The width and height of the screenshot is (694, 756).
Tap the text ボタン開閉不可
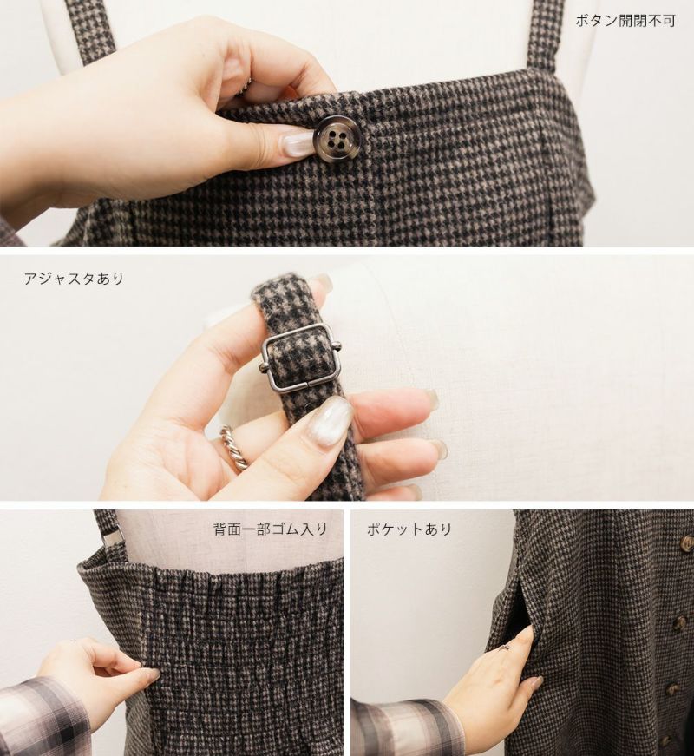pyautogui.click(x=625, y=21)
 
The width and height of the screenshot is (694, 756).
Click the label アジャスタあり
pyautogui.click(x=75, y=279)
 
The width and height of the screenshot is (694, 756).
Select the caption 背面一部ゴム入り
pyautogui.click(x=271, y=529)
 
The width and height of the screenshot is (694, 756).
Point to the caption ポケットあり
pyautogui.click(x=409, y=529)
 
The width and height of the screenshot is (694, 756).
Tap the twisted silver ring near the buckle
pyautogui.click(x=234, y=446)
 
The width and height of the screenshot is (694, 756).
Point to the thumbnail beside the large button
pyautogui.click(x=296, y=144)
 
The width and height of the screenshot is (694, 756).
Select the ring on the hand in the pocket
pyautogui.click(x=507, y=647)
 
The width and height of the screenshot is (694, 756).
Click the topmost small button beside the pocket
pyautogui.click(x=687, y=542)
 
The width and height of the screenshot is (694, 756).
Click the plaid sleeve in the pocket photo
pyautogui.click(x=405, y=728)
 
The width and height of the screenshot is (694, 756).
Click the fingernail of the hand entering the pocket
pyautogui.click(x=536, y=682)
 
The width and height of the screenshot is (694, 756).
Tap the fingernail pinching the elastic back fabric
pyautogui.click(x=151, y=676)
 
